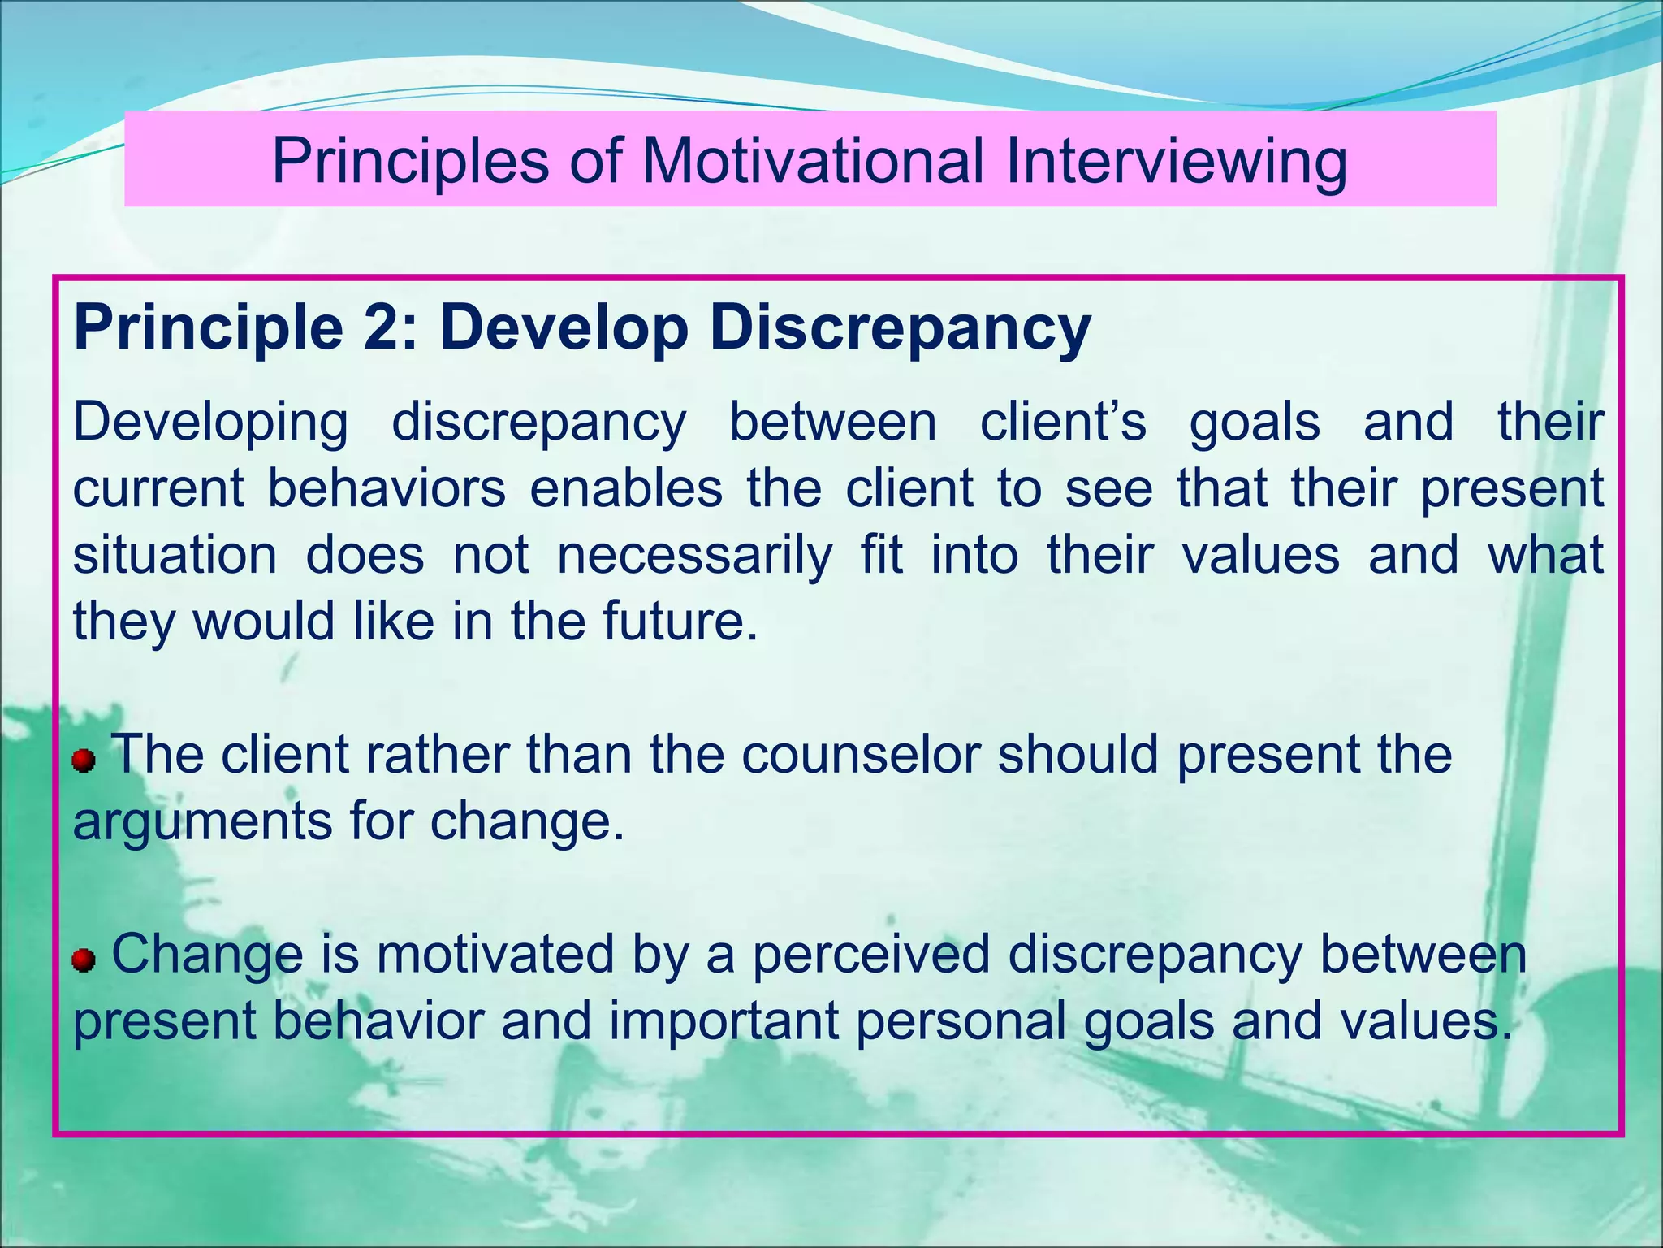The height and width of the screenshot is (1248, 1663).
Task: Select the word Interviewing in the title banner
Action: [x=1177, y=161]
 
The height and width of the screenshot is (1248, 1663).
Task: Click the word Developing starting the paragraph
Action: [x=210, y=422]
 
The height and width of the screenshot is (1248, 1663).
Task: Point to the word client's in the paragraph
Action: [x=1063, y=422]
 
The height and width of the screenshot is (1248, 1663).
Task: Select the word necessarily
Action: [x=695, y=556]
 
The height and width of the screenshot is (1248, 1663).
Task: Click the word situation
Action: [x=175, y=556]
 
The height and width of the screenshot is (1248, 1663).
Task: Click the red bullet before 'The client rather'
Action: [x=84, y=761]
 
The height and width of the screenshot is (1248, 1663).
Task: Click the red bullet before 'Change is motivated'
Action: [x=84, y=961]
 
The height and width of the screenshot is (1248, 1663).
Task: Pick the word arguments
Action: [x=202, y=821]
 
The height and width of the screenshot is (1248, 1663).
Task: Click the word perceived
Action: [x=871, y=954]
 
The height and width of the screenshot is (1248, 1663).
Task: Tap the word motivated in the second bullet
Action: [x=495, y=954]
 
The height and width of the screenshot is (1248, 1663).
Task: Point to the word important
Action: [x=724, y=1020]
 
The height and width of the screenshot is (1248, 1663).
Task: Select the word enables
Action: [x=625, y=489]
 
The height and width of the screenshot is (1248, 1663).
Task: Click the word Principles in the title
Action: [x=410, y=161]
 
